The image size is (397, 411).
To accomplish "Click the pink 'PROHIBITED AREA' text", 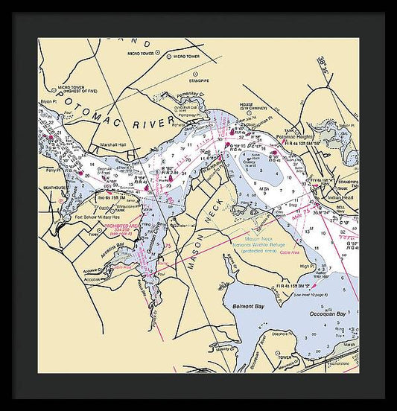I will [x=122, y=222].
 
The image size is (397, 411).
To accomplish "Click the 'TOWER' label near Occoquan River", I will [x=285, y=357].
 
